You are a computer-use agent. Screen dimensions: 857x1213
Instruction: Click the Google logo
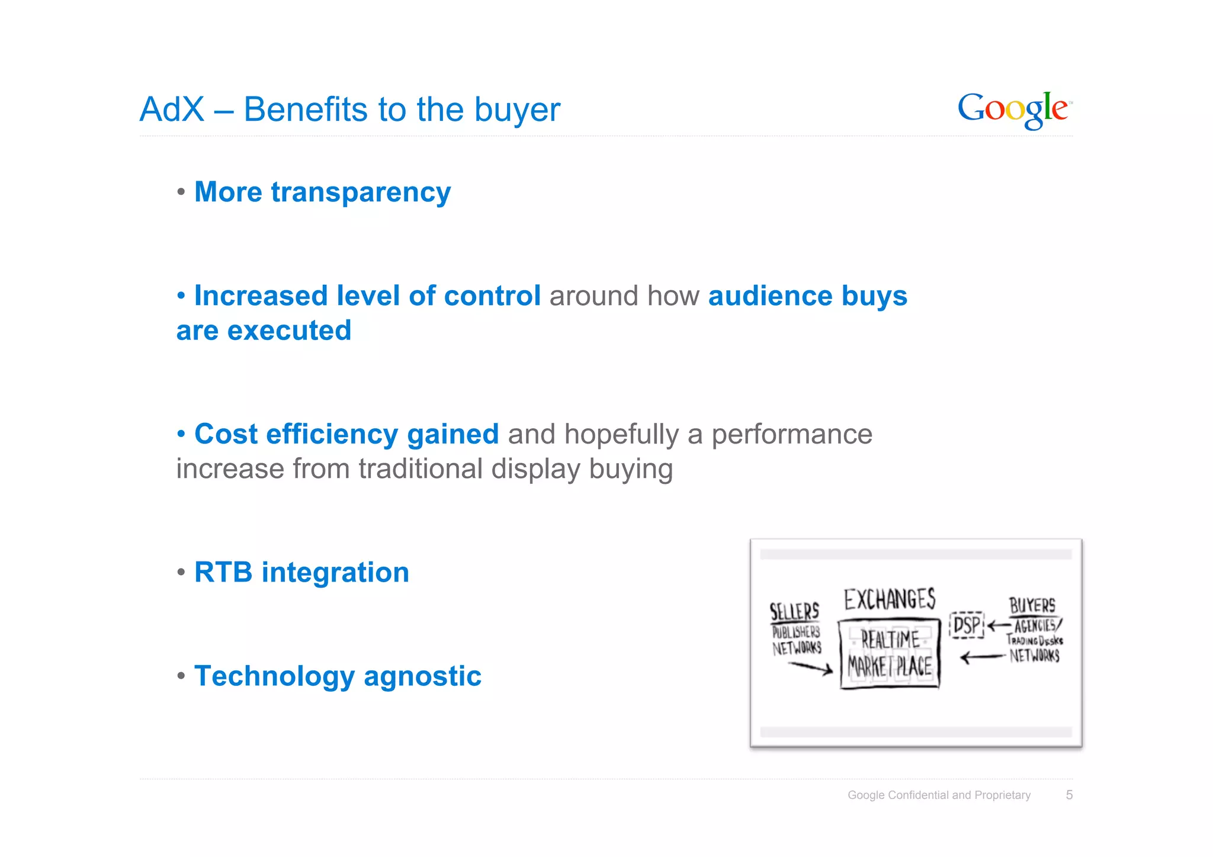coord(1014,110)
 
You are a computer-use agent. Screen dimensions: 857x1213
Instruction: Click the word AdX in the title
coord(172,110)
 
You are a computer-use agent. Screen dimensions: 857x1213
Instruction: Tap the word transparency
coord(361,193)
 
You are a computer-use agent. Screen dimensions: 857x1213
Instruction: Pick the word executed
coord(289,330)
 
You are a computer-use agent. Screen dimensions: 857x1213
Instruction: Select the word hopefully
coord(621,435)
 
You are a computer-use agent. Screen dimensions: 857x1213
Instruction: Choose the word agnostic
coord(422,677)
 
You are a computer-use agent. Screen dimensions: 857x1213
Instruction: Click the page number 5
coord(1068,795)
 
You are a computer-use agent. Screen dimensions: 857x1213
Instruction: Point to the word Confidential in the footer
coord(918,795)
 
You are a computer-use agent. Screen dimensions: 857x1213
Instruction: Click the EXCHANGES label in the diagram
coord(890,599)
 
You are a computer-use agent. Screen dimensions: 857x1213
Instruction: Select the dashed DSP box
coord(967,625)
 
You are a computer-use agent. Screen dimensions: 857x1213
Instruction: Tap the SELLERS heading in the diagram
coord(794,611)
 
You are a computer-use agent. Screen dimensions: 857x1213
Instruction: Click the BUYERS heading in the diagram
coord(1032,605)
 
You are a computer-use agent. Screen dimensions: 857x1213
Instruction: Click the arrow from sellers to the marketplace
coord(810,667)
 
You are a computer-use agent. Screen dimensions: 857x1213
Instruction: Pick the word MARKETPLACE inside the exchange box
coord(890,666)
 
